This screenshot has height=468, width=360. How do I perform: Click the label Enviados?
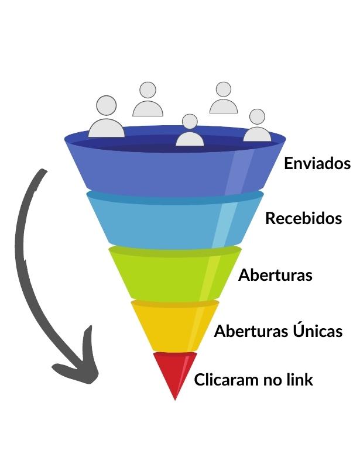(x=317, y=163)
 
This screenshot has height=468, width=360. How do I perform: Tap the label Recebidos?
(x=303, y=219)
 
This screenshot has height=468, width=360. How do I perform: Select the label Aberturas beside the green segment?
(x=275, y=275)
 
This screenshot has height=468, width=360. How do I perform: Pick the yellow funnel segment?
(x=173, y=328)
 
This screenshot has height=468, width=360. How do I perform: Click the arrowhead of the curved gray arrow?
(x=79, y=369)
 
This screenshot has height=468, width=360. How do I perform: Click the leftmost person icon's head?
(x=107, y=105)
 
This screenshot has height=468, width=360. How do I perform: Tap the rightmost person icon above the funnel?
(x=257, y=126)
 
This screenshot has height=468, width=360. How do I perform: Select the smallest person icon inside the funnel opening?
(x=190, y=132)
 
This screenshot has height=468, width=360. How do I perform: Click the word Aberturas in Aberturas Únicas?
(x=252, y=331)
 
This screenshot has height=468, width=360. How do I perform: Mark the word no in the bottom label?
(x=272, y=380)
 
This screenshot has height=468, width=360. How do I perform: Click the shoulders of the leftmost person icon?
(x=107, y=129)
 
